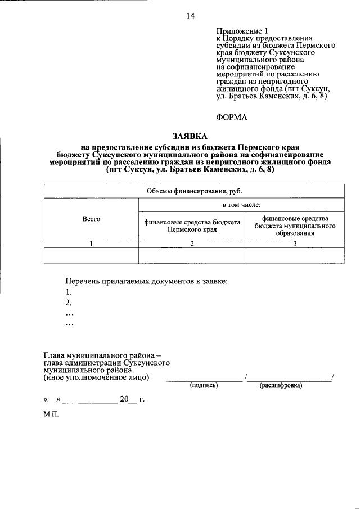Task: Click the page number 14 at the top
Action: coord(191,17)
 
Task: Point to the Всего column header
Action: coord(91,219)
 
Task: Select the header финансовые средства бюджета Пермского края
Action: coord(192,226)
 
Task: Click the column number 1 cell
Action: coord(91,244)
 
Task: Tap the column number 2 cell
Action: coord(192,244)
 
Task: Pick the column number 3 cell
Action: coord(295,244)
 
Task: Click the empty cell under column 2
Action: coord(192,256)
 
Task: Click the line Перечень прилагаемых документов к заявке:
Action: coord(146,281)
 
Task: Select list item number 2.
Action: coord(68,303)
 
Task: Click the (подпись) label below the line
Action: coord(204,386)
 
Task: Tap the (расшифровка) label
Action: coord(280,386)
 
